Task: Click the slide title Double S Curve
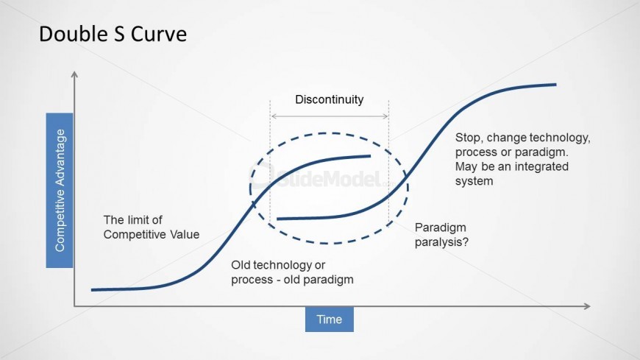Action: point(113,34)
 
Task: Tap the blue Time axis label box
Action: point(330,319)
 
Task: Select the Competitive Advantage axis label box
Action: point(60,191)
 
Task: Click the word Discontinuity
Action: point(330,99)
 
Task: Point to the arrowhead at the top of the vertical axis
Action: point(74,74)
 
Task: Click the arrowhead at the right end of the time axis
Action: point(587,306)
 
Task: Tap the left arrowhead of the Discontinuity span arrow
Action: point(274,116)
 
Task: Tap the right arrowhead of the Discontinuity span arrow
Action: point(385,116)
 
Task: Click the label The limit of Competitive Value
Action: point(152,227)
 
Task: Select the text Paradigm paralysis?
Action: point(441,235)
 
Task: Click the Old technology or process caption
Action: point(292,272)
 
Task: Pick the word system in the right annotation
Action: point(474,181)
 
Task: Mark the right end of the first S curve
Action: point(370,155)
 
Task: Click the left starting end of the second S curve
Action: point(277,219)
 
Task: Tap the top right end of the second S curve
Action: point(555,85)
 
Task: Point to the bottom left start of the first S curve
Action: point(92,290)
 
